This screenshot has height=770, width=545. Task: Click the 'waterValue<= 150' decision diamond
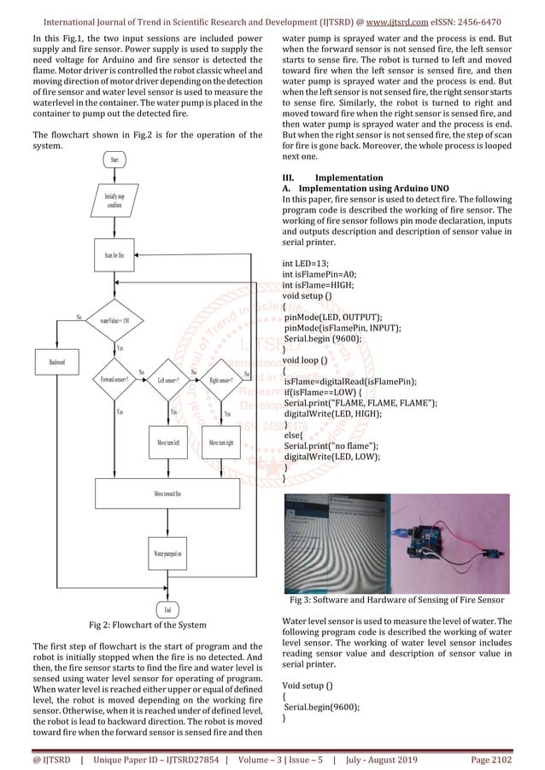coord(114,320)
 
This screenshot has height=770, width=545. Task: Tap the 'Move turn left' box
coord(168,443)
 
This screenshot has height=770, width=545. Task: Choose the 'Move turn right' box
coord(221,443)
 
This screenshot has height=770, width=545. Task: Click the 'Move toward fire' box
coord(167,493)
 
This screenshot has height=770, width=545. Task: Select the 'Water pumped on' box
coord(167,553)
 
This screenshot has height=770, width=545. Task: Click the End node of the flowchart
coord(167,610)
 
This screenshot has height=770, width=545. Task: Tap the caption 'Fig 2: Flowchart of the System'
coord(148,625)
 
